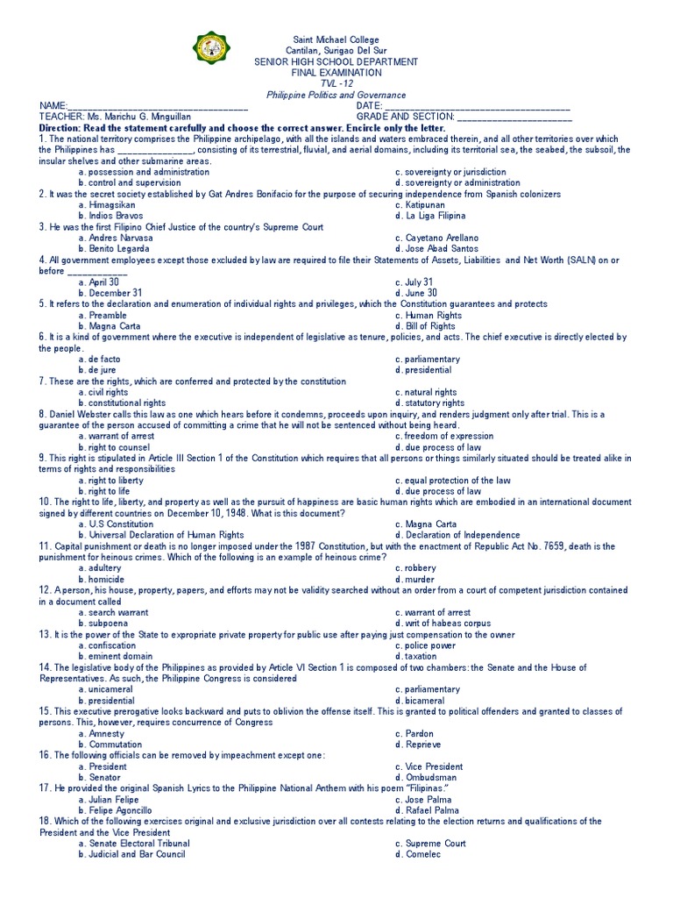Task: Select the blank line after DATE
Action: [478, 107]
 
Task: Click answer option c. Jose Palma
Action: [426, 800]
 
